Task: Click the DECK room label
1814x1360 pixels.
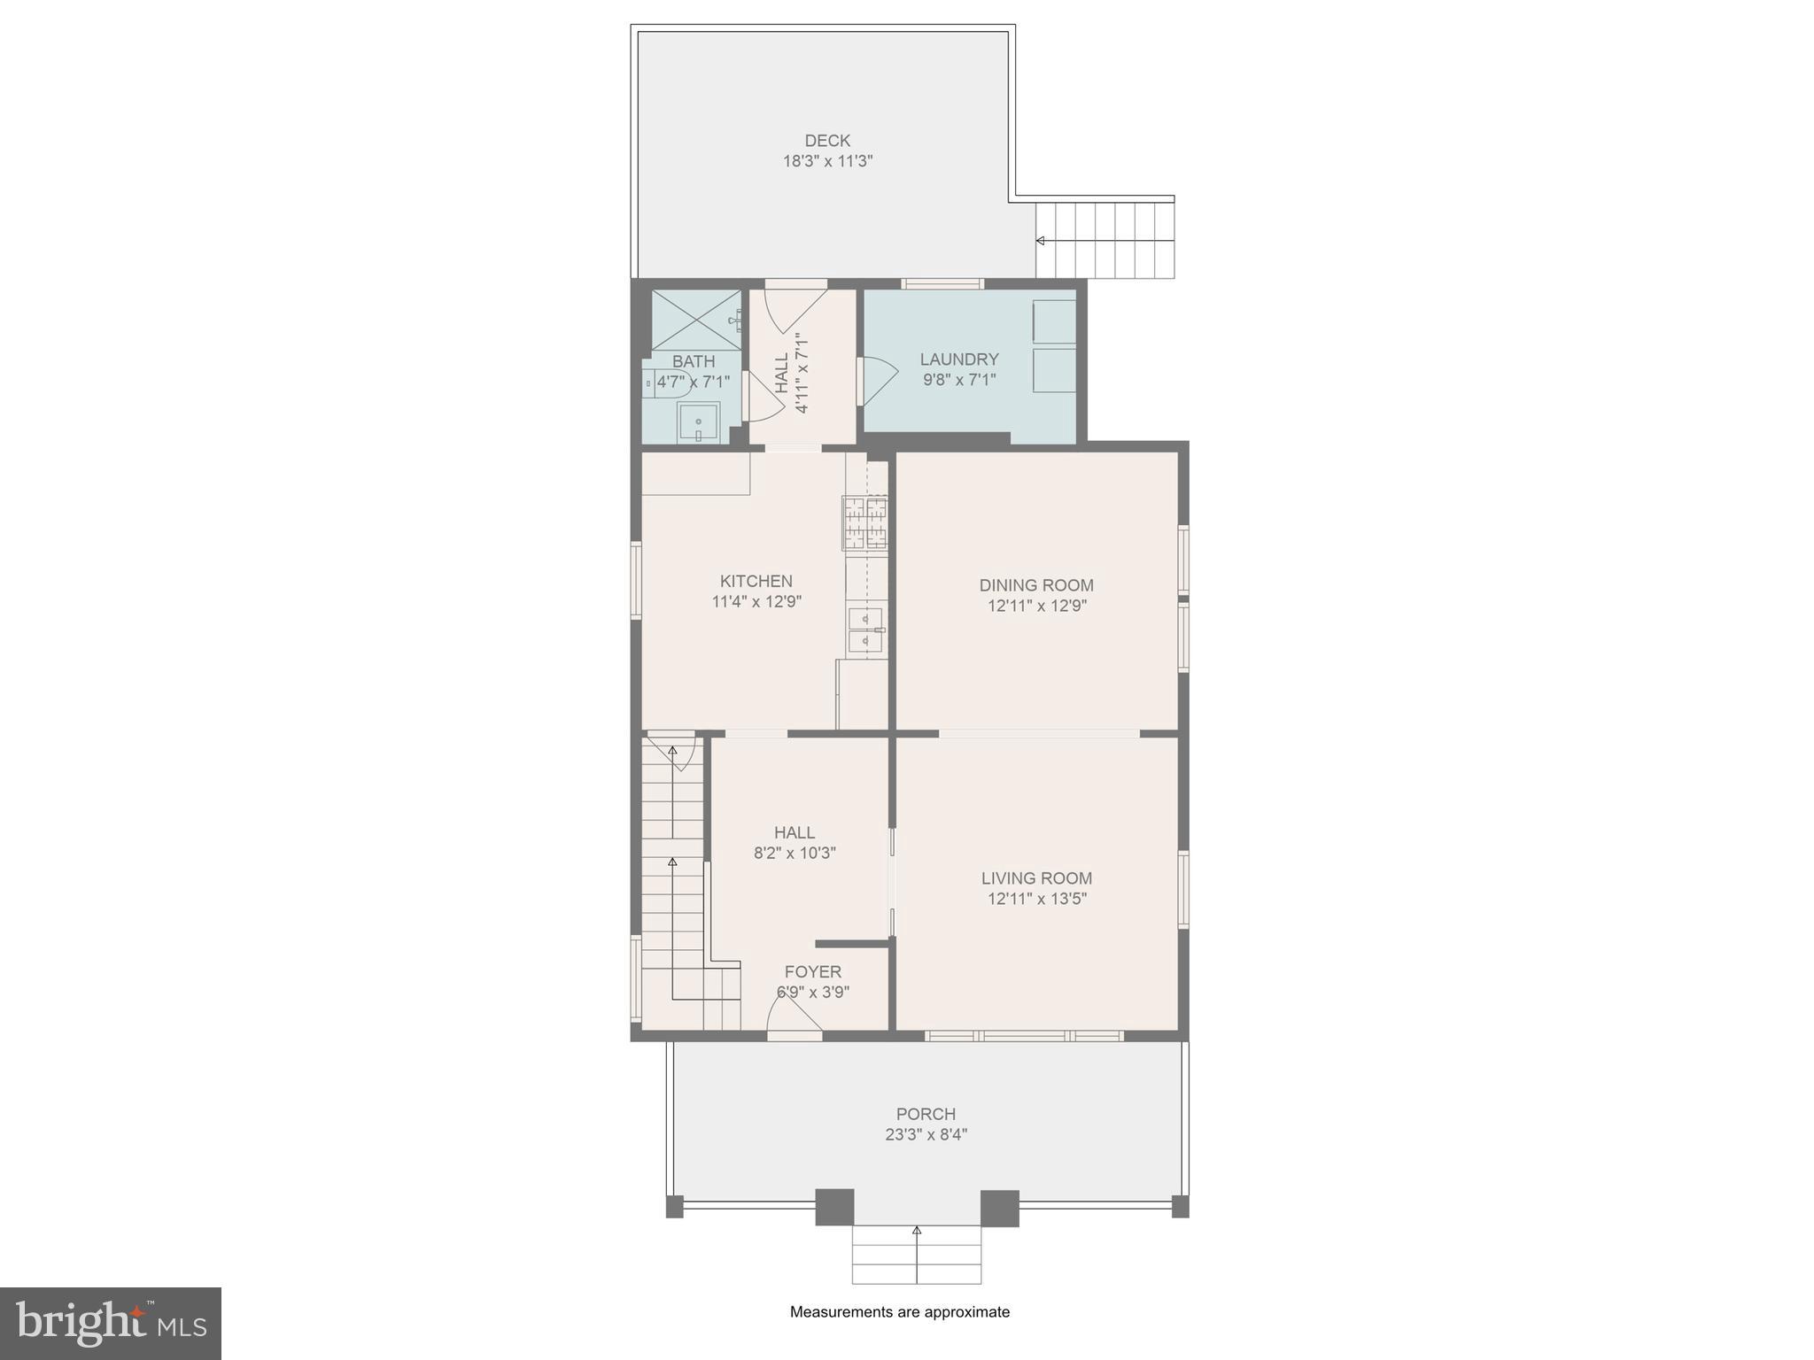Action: tap(827, 140)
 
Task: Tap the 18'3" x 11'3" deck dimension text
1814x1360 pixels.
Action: tap(827, 161)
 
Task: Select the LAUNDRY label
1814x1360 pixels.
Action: tap(958, 359)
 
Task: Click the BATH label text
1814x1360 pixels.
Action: tap(694, 361)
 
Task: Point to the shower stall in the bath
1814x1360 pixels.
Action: tap(696, 319)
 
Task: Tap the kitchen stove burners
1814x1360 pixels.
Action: tap(864, 522)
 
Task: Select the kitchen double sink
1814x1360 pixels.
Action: tap(864, 630)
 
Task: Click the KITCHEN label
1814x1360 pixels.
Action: tap(756, 581)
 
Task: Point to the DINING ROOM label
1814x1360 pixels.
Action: tap(1036, 585)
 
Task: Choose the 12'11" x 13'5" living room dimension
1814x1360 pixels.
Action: tap(1037, 899)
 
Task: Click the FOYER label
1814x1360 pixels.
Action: tap(812, 971)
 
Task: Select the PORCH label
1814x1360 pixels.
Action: tap(926, 1114)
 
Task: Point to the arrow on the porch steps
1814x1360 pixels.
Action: tap(917, 1230)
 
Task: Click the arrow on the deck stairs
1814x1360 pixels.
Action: tap(1041, 241)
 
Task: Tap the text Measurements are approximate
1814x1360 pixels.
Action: tap(899, 1312)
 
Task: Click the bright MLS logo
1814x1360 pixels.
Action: tap(111, 1323)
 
